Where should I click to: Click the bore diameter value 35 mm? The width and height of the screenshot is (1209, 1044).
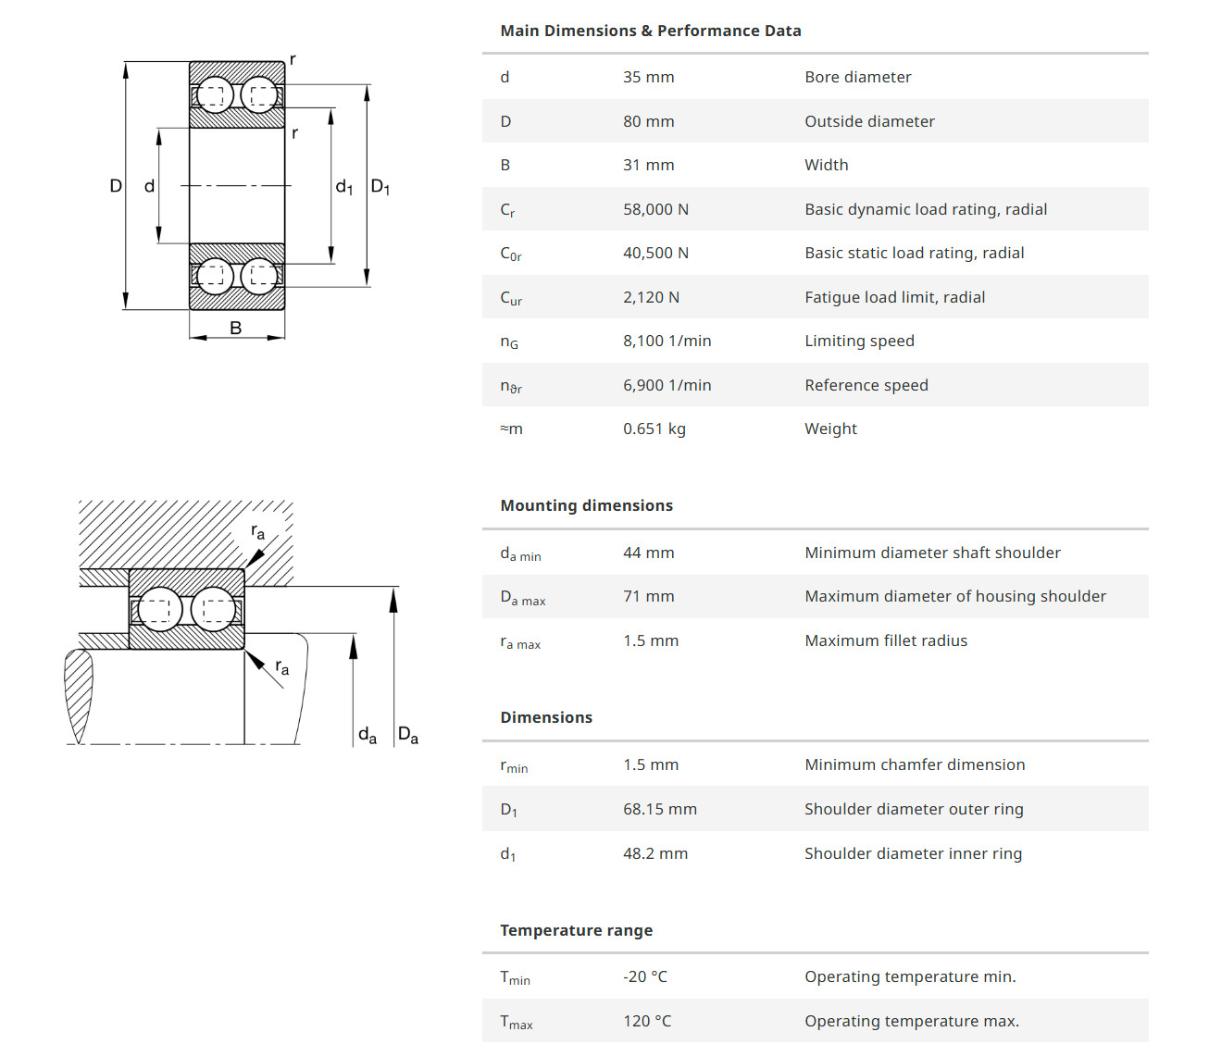pyautogui.click(x=648, y=77)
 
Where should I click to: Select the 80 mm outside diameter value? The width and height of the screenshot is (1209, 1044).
pyautogui.click(x=648, y=121)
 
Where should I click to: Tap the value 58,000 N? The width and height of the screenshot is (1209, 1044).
pyautogui.click(x=655, y=209)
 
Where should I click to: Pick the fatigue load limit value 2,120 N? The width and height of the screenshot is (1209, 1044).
pyautogui.click(x=651, y=297)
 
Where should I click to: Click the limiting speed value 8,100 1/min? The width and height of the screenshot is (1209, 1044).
pyautogui.click(x=667, y=341)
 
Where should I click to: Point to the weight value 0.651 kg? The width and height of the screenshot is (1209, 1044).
pyautogui.click(x=654, y=429)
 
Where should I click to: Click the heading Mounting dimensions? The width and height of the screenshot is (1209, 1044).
pyautogui.click(x=586, y=505)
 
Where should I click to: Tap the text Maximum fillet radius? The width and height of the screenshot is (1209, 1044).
pyautogui.click(x=885, y=640)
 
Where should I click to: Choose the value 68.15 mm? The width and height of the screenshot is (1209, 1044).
pyautogui.click(x=659, y=809)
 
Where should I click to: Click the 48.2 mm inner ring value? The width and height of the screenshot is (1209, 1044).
pyautogui.click(x=654, y=853)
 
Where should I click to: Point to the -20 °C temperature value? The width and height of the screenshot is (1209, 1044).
pyautogui.click(x=644, y=976)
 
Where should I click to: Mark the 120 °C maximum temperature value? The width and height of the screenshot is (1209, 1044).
pyautogui.click(x=647, y=1021)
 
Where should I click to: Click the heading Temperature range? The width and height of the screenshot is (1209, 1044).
pyautogui.click(x=576, y=930)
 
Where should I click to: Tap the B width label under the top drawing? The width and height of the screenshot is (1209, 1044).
pyautogui.click(x=236, y=328)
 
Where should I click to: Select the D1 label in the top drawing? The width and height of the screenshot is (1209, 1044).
pyautogui.click(x=380, y=187)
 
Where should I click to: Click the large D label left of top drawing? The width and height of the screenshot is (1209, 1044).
pyautogui.click(x=116, y=186)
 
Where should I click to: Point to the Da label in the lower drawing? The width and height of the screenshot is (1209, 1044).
pyautogui.click(x=407, y=735)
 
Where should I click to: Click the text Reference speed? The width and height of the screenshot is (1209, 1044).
pyautogui.click(x=866, y=385)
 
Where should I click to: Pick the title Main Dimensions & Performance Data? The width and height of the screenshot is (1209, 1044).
pyautogui.click(x=650, y=31)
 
